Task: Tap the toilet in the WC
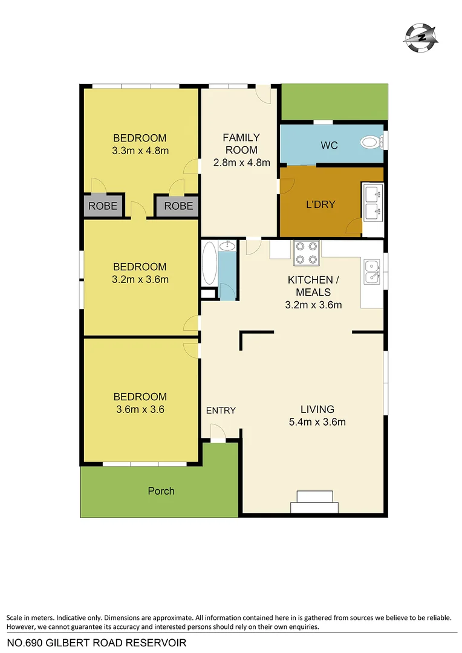pyautogui.click(x=369, y=143)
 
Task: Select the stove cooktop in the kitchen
pyautogui.click(x=307, y=253)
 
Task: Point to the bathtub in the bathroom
pyautogui.click(x=209, y=263)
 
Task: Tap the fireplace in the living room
pyautogui.click(x=314, y=502)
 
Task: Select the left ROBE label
pyautogui.click(x=103, y=206)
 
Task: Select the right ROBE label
pyautogui.click(x=178, y=206)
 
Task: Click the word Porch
pyautogui.click(x=161, y=491)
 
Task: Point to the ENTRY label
pyautogui.click(x=221, y=411)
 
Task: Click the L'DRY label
pyautogui.click(x=320, y=204)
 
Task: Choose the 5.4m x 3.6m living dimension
pyautogui.click(x=317, y=422)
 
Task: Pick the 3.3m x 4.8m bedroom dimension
pyautogui.click(x=140, y=151)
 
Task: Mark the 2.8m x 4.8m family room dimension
pyautogui.click(x=241, y=162)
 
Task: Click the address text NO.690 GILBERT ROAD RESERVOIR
pyautogui.click(x=96, y=642)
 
